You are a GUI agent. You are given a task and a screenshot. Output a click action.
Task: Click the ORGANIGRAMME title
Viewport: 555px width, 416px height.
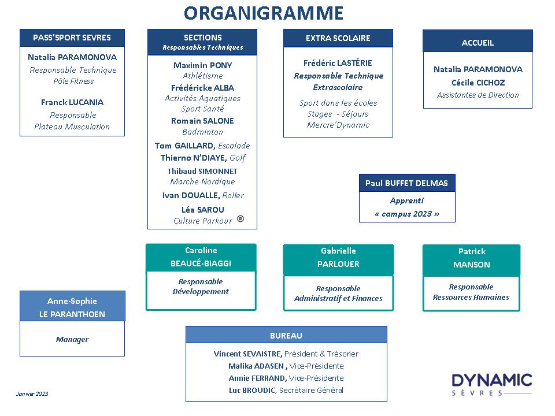[x=264, y=13]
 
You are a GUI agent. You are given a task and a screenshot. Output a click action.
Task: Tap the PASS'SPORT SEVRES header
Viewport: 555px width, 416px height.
[x=72, y=38]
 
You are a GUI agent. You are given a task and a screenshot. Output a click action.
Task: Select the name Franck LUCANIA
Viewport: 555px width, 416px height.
[x=72, y=102]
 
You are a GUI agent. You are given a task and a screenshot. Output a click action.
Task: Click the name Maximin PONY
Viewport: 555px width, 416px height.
[x=202, y=65]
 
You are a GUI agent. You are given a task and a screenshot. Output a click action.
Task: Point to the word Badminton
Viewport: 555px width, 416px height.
[x=202, y=132]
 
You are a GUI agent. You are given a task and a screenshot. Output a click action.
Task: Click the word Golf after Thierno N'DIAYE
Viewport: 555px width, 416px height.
[x=238, y=158]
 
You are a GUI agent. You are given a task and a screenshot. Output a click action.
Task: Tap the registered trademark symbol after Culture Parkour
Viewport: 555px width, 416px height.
[x=240, y=218]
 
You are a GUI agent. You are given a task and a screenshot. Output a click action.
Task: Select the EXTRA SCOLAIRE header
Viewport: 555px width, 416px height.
[x=338, y=38]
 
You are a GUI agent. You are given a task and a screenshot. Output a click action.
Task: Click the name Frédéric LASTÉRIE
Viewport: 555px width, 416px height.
[x=338, y=63]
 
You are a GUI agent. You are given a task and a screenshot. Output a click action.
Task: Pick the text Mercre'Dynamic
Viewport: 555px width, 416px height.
[x=338, y=125]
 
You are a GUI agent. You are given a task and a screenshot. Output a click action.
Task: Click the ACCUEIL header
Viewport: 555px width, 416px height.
[x=478, y=43]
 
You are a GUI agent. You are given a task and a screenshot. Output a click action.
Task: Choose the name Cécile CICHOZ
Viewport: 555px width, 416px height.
[x=478, y=83]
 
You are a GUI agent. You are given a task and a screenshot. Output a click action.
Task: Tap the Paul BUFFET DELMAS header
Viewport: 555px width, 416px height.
[x=406, y=183]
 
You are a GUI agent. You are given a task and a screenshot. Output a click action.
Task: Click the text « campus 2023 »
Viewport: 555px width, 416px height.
[x=407, y=214]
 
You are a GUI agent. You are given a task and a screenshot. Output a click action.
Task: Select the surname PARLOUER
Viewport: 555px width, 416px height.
[x=338, y=264]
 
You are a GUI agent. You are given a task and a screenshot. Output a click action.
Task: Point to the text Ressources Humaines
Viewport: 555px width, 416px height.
[x=471, y=297]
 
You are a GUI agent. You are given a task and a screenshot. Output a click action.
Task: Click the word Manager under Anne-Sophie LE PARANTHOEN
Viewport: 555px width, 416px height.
[x=72, y=339]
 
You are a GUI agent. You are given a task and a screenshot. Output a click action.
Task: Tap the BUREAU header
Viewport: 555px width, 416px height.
[x=286, y=336]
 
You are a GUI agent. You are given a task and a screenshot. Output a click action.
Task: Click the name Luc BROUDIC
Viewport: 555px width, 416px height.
[x=252, y=390]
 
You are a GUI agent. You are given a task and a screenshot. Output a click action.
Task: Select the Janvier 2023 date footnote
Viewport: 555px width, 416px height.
[x=32, y=393]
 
